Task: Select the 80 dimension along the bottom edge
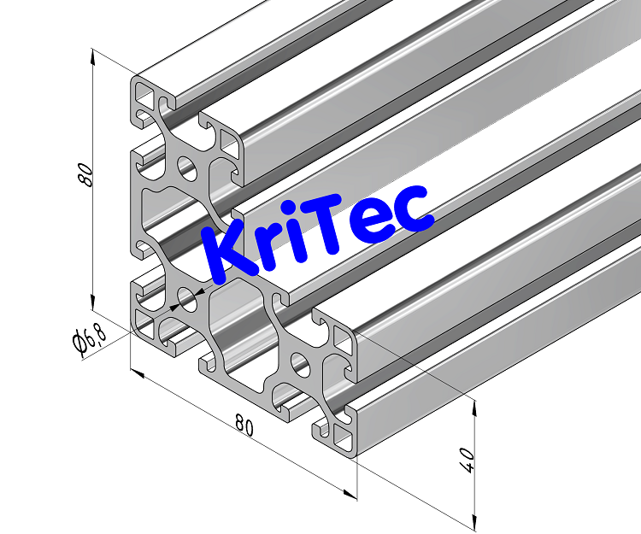click(x=244, y=425)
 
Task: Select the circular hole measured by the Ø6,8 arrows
click(x=185, y=299)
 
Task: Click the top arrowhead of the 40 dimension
click(x=471, y=408)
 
